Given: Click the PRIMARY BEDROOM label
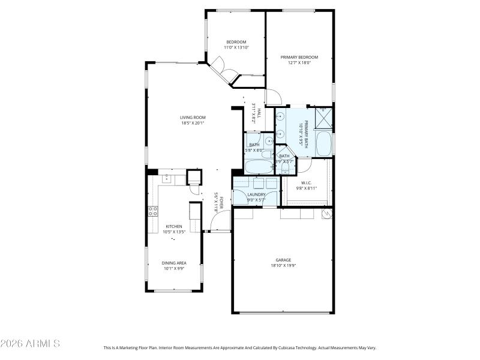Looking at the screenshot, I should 299,57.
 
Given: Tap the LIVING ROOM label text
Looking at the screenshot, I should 193,117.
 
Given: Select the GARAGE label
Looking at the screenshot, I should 284,260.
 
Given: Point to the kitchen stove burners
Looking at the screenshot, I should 153,211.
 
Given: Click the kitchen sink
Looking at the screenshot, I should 166,178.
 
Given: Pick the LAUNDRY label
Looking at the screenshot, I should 256,194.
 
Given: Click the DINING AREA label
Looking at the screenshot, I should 173,263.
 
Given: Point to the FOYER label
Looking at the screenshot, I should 221,203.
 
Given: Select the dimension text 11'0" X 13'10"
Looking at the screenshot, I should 236,47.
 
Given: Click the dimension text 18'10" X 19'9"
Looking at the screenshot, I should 284,265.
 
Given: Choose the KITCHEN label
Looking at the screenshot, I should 173,226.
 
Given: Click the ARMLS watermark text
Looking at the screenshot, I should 30,344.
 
